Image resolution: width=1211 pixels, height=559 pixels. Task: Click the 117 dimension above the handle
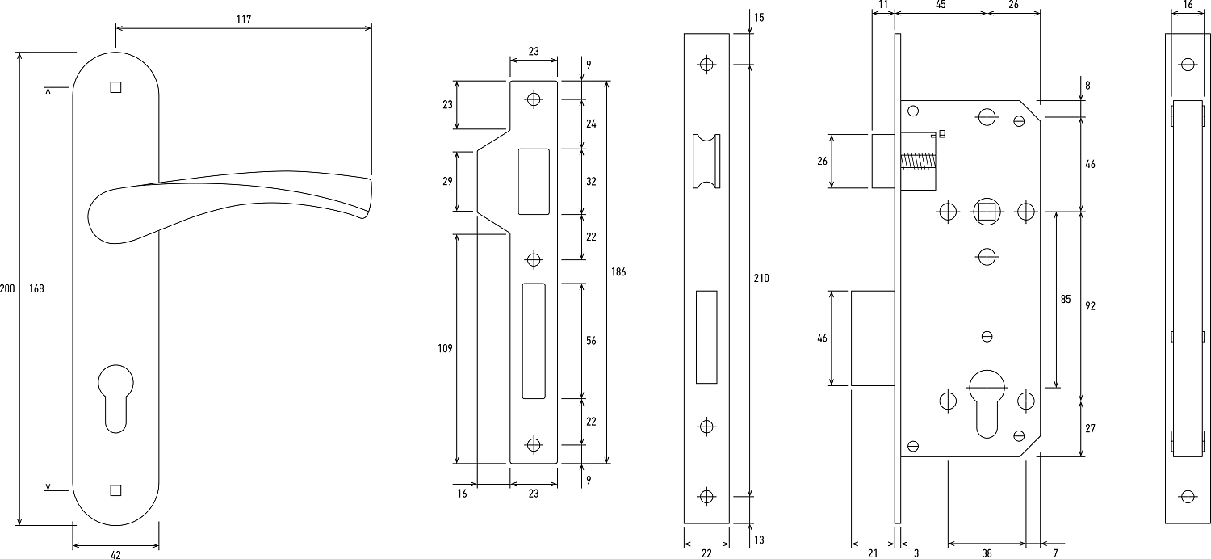pyautogui.click(x=244, y=19)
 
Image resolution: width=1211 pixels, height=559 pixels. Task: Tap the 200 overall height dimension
pyautogui.click(x=7, y=288)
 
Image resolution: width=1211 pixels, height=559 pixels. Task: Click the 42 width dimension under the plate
pyautogui.click(x=115, y=554)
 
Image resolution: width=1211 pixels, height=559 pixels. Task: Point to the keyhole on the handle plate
pyautogui.click(x=115, y=396)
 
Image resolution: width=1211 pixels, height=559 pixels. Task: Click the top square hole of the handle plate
pyautogui.click(x=115, y=86)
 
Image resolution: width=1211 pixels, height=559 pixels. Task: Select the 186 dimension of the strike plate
pyautogui.click(x=618, y=271)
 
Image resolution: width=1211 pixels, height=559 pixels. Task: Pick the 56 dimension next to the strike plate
pyautogui.click(x=591, y=341)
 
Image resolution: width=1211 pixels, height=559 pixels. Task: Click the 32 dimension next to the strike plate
pyautogui.click(x=591, y=182)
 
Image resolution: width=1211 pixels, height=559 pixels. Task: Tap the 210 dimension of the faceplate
pyautogui.click(x=761, y=278)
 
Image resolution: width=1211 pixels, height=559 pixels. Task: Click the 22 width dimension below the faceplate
pyautogui.click(x=706, y=553)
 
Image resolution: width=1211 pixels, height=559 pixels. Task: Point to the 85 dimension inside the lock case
pyautogui.click(x=1065, y=300)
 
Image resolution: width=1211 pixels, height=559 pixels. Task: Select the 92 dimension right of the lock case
pyautogui.click(x=1090, y=305)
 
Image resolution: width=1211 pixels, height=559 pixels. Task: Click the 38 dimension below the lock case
pyautogui.click(x=987, y=553)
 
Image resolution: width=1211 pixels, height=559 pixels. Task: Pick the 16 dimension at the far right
pyautogui.click(x=1187, y=5)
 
